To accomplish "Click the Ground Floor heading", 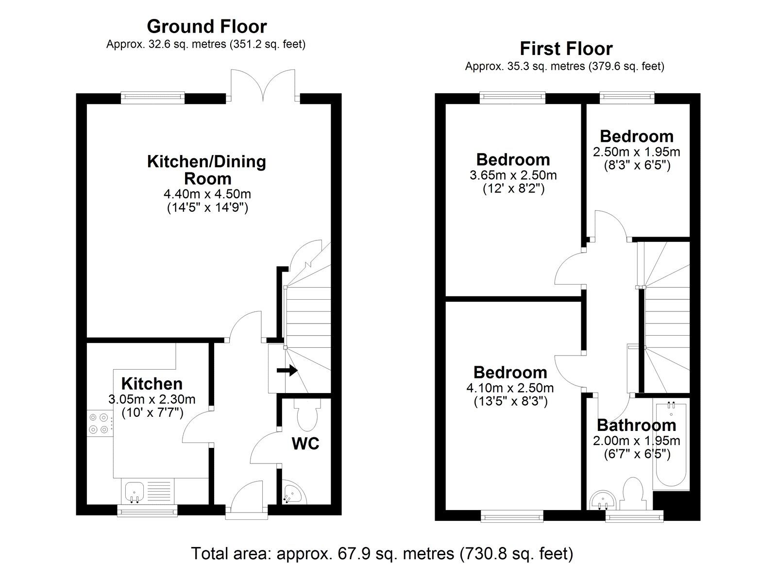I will coord(206,26).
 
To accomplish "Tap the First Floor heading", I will coord(566,49).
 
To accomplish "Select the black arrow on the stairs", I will coord(287,371).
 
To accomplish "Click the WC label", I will coord(305,444).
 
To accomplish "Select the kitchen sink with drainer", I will coord(148,491).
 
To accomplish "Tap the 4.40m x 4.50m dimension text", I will coord(207,194).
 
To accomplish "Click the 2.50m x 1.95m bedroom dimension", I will coord(636,152).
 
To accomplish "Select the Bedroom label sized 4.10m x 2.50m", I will coord(510,373).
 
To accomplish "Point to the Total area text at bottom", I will coord(382,553).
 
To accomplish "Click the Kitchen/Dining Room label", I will coord(206,169).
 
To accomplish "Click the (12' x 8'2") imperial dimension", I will coord(513,188).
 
